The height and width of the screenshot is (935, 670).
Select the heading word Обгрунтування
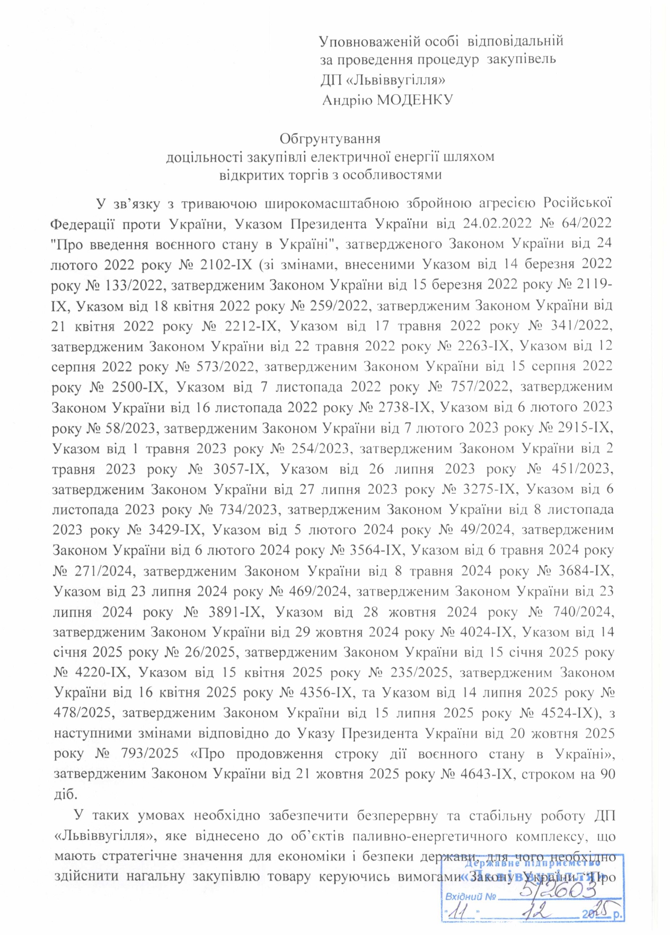click(330, 139)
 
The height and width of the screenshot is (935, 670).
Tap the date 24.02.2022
click(496, 224)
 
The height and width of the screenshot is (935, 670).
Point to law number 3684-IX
click(586, 571)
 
